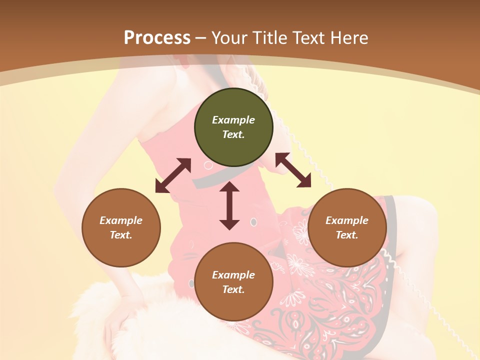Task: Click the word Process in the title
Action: coord(157,38)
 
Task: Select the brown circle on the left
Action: coord(121,227)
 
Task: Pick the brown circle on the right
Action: coord(347,227)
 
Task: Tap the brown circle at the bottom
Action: coord(233,282)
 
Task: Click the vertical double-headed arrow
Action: coord(229,206)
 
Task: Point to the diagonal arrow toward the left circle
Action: coord(173,175)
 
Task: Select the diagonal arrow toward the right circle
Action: coord(293,170)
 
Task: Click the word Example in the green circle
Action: coord(233,120)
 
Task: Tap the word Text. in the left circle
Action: coord(121,235)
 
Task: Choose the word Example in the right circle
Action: coord(347,220)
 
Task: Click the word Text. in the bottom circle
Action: coord(233,289)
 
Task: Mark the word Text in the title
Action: coord(307,38)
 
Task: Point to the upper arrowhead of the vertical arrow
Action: coord(229,188)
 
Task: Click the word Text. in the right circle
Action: coord(347,235)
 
